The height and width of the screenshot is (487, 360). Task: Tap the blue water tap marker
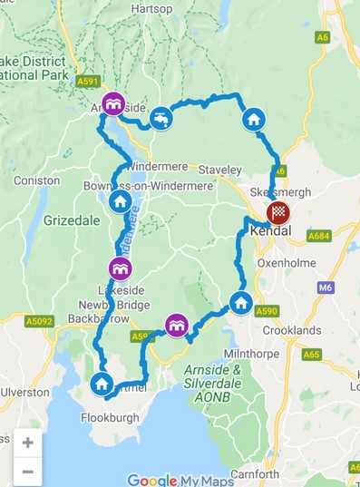pos(161,119)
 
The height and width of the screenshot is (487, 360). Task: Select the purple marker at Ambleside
pos(112,104)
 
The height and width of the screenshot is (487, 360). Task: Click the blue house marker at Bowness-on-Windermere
pos(120,200)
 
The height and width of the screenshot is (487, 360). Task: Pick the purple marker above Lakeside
pos(120,268)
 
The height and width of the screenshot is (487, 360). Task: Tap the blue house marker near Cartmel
pos(102,385)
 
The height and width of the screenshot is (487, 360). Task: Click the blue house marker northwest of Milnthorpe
pos(240,302)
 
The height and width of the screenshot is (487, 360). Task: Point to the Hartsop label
pos(151,8)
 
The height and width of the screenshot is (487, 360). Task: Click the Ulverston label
pos(24,392)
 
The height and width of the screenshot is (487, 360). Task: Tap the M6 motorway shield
pos(326,287)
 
